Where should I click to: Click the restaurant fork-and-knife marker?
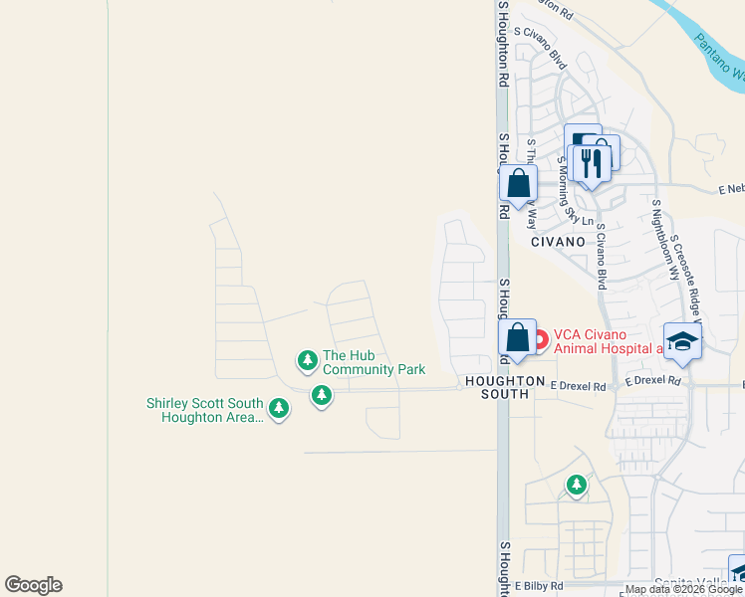[x=591, y=162]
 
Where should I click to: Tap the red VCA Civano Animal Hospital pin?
[x=540, y=340]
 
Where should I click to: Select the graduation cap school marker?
[x=682, y=340]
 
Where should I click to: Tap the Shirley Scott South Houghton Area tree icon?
[x=279, y=408]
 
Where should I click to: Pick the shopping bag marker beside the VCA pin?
[x=517, y=338]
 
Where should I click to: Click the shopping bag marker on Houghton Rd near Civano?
[x=518, y=184]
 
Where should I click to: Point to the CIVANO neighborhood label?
[x=558, y=242]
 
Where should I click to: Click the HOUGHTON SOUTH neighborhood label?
[x=498, y=388]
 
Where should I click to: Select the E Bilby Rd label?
[x=539, y=586]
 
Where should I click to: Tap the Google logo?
[x=33, y=585]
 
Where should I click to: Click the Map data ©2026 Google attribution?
[x=682, y=589]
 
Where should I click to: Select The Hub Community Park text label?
[x=373, y=363]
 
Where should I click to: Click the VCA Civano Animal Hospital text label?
[x=609, y=341]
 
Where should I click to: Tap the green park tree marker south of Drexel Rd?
[x=577, y=486]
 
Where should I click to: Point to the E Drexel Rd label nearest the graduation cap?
[x=653, y=380]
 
